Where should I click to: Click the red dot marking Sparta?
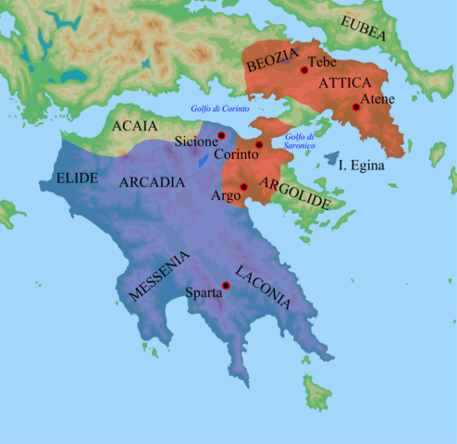[x=226, y=285]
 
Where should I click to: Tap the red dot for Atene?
[x=357, y=108]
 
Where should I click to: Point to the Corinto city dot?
[x=259, y=145]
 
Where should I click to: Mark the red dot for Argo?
[x=243, y=188]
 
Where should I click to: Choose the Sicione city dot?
[x=222, y=136]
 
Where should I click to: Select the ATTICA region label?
[x=343, y=83]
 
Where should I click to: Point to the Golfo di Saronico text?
[x=301, y=142]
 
